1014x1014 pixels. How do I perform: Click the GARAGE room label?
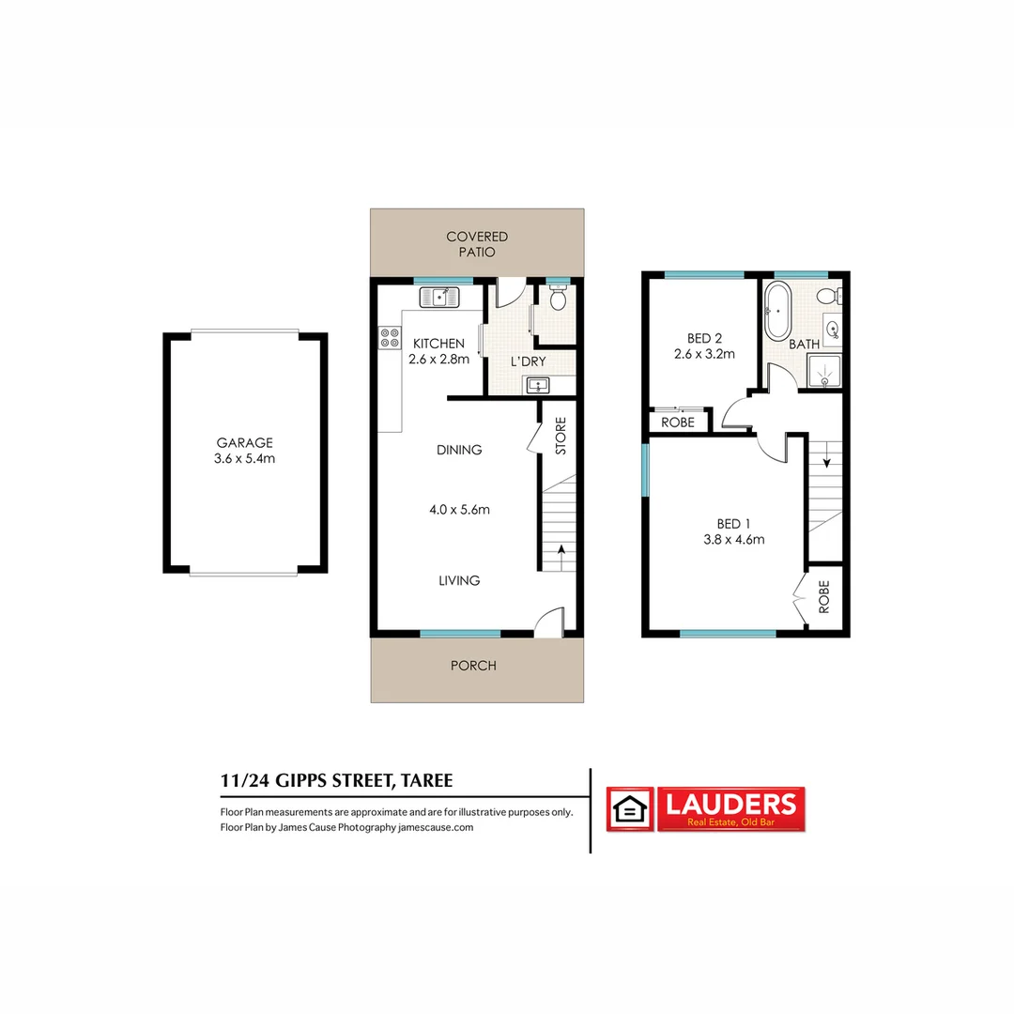click(x=245, y=442)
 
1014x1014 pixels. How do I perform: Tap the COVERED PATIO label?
click(x=477, y=244)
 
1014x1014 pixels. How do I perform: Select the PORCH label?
click(x=473, y=666)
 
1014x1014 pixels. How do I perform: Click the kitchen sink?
click(x=439, y=298)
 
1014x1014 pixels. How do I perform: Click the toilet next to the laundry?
click(x=558, y=300)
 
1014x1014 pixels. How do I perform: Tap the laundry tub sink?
click(x=537, y=384)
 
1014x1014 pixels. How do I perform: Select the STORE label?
click(x=561, y=436)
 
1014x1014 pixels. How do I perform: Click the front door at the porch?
click(x=548, y=622)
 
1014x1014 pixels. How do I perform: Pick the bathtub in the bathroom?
click(x=777, y=311)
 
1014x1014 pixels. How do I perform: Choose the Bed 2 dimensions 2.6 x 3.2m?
click(x=703, y=354)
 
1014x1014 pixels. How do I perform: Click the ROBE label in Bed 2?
click(x=678, y=422)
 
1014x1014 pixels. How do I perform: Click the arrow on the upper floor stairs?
click(x=825, y=461)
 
